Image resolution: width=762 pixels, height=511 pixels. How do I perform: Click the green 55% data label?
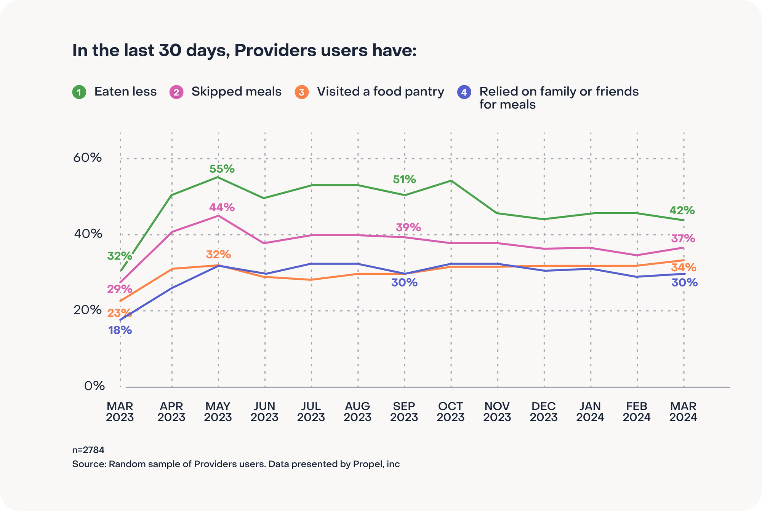[222, 169]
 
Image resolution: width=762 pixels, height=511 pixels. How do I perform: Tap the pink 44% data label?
[222, 208]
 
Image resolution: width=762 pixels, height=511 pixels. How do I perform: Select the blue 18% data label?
[120, 330]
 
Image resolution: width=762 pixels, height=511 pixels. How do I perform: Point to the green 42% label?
[682, 210]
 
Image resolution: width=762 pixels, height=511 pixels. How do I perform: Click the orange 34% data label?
[684, 267]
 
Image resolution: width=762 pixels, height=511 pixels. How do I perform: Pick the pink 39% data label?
[408, 228]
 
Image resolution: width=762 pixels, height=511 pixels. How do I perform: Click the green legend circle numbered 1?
[79, 92]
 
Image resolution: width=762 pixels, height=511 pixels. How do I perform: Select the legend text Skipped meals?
[236, 92]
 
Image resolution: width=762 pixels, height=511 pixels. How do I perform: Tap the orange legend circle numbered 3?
[301, 92]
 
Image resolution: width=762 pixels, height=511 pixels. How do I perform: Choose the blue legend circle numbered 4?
[464, 92]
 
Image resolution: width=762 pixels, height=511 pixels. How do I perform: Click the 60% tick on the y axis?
[87, 158]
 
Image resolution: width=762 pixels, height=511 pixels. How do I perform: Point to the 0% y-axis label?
[94, 386]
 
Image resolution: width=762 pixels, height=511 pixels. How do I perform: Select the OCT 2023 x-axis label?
[451, 412]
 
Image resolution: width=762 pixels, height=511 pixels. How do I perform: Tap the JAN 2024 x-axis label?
[590, 412]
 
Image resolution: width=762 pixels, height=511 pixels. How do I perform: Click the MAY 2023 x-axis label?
[218, 412]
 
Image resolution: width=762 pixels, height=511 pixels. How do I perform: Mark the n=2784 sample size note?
[88, 450]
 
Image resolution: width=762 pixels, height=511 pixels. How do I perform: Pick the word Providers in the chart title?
[275, 51]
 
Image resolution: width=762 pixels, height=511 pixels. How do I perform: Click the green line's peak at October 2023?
[451, 181]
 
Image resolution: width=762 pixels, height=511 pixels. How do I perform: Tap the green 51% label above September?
[404, 179]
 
